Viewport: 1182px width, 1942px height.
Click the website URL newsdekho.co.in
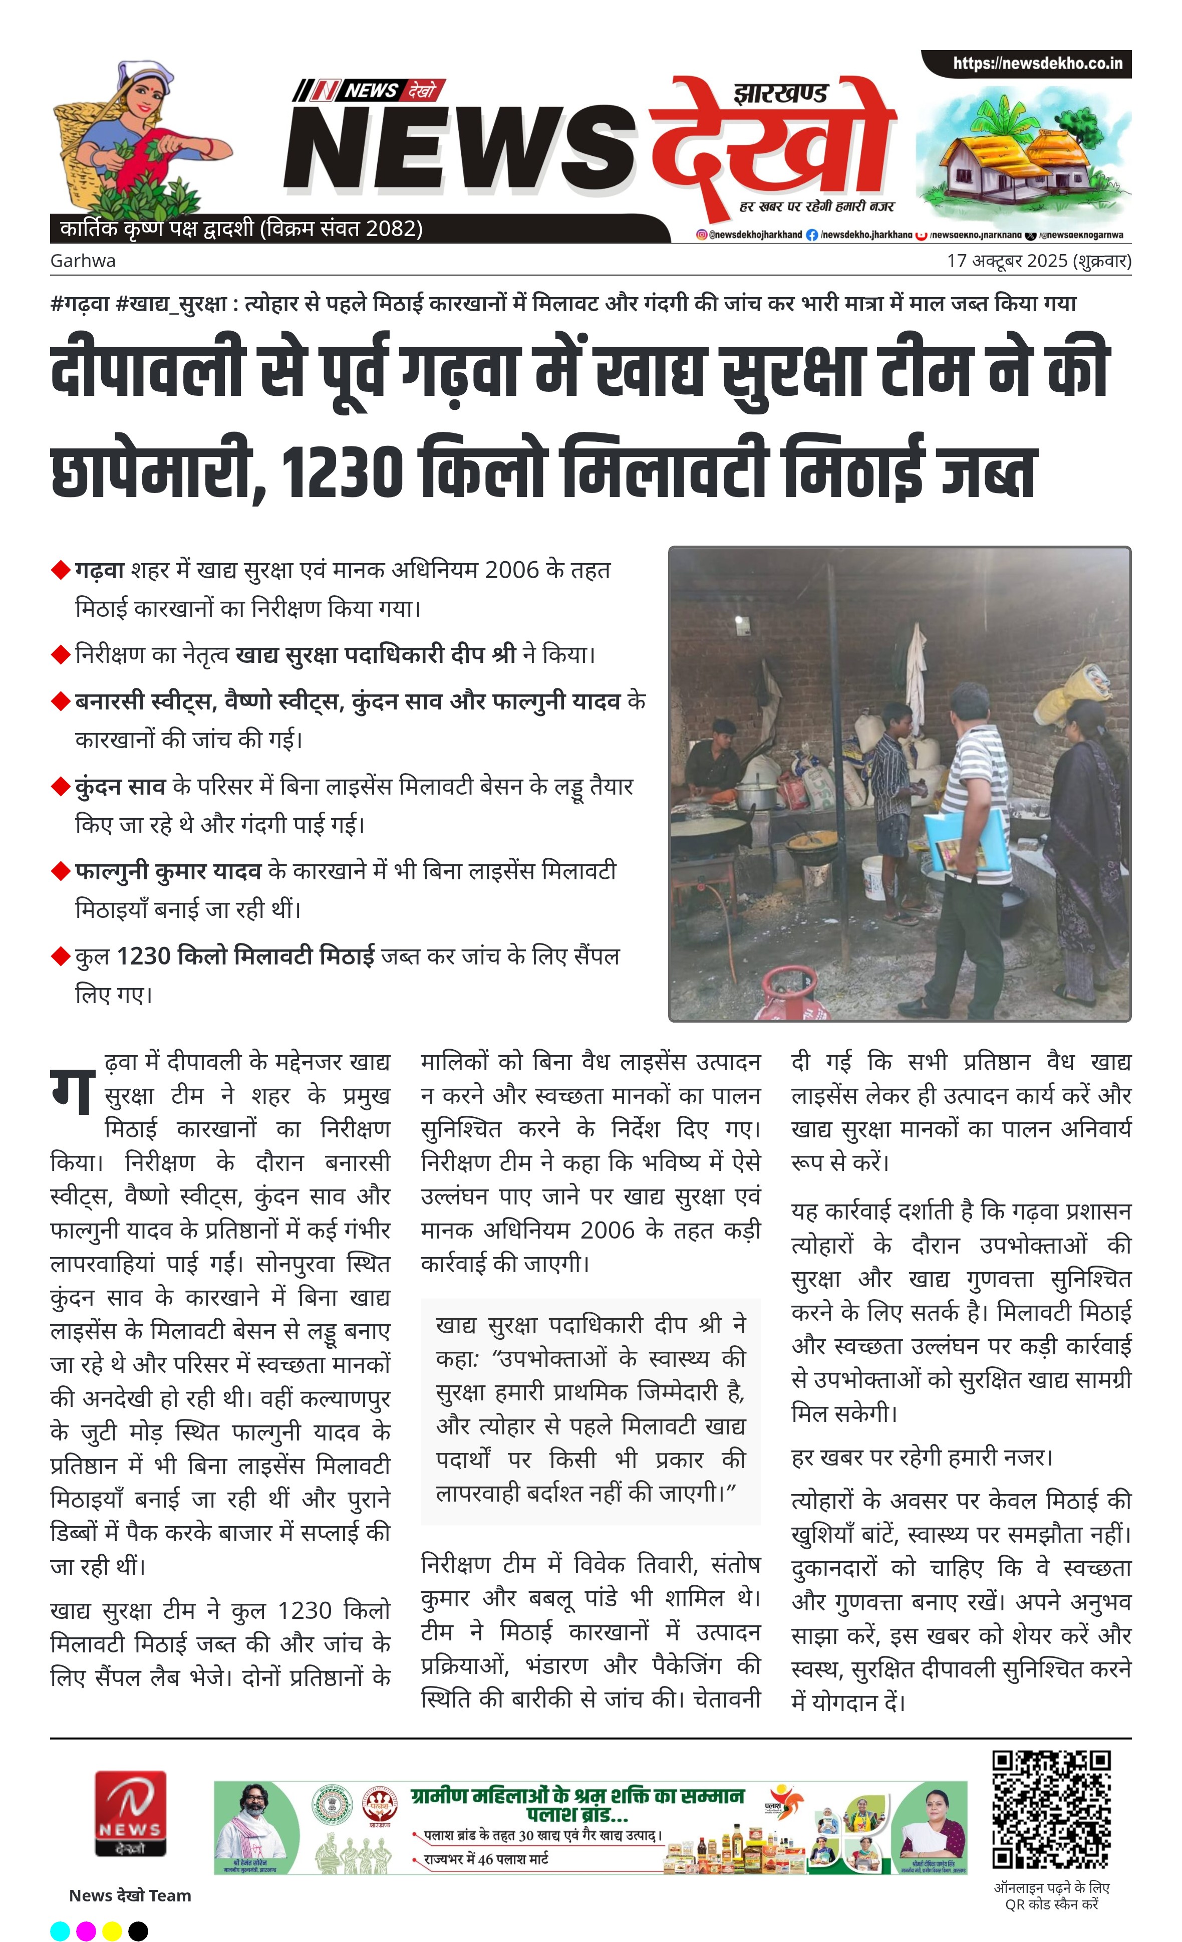1037,63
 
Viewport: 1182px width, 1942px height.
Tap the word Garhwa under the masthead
83,261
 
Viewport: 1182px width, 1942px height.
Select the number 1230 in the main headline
340,472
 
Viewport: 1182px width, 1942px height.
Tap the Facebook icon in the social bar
812,235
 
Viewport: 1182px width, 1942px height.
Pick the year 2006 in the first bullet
512,570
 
